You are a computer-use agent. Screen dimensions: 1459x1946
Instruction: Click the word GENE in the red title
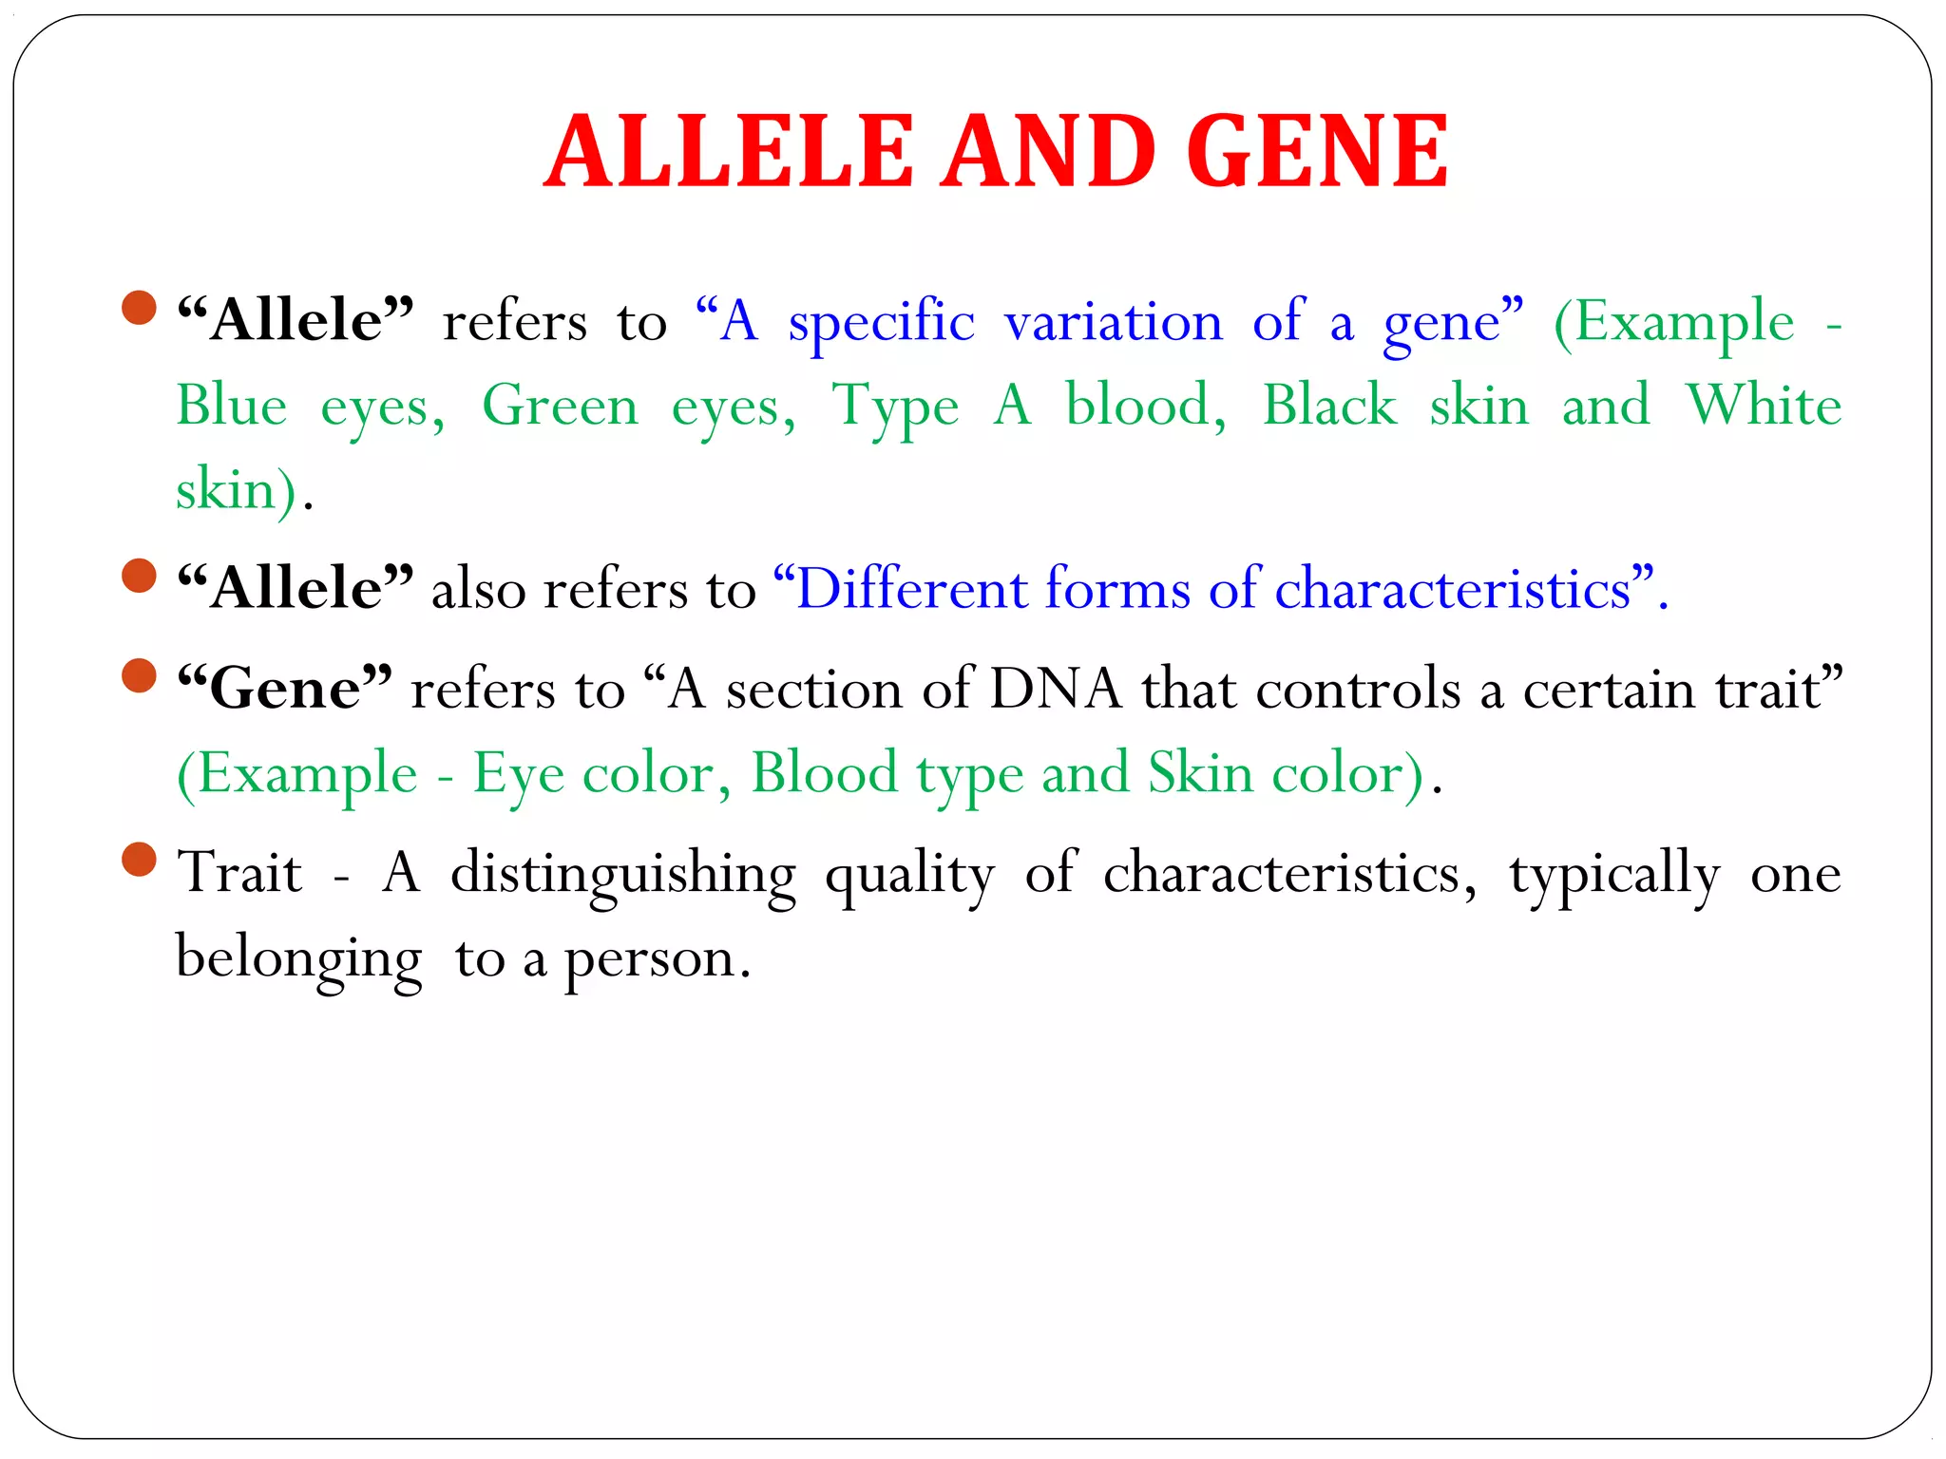coord(1317,152)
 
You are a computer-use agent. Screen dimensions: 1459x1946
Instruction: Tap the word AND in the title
coord(1049,152)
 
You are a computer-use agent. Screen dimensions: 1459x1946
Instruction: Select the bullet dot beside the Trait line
coord(140,860)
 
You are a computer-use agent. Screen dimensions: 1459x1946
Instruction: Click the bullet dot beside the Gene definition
coord(140,675)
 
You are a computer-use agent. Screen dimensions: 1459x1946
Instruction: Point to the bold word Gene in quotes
coord(285,688)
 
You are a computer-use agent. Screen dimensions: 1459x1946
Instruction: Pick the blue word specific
coord(881,323)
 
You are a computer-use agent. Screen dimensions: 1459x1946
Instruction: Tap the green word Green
coord(560,406)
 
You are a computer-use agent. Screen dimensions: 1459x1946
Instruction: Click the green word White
coord(1764,406)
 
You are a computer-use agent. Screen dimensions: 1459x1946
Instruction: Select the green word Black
coord(1329,406)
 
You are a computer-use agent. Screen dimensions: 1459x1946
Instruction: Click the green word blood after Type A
coord(1145,406)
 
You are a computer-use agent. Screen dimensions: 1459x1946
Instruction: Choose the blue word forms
coord(1117,588)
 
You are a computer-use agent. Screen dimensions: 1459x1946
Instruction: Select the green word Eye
coord(519,773)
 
